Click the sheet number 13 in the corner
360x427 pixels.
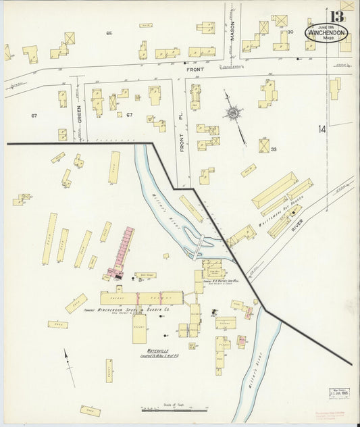[336, 16]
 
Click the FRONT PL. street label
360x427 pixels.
[182, 136]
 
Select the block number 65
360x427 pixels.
[108, 32]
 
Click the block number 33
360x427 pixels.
[274, 149]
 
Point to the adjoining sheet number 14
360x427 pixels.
[322, 128]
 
